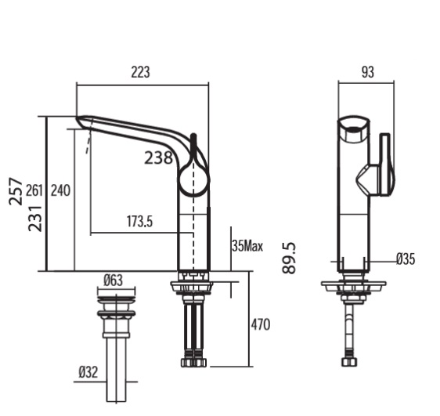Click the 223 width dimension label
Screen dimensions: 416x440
pyautogui.click(x=140, y=73)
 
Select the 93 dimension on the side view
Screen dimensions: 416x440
pyautogui.click(x=367, y=73)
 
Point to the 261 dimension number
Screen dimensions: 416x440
pyautogui.click(x=34, y=190)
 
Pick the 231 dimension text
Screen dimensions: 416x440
pyautogui.click(x=35, y=217)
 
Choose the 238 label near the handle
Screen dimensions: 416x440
pyautogui.click(x=158, y=157)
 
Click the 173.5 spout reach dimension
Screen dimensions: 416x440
pyautogui.click(x=139, y=222)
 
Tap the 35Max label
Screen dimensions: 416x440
pyautogui.click(x=247, y=246)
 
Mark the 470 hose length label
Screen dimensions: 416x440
pyautogui.click(x=261, y=322)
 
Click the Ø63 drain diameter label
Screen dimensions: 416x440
pyautogui.click(x=114, y=279)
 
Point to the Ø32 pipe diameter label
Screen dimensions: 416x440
pyautogui.click(x=88, y=372)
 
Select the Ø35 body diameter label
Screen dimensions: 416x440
pyautogui.click(x=406, y=259)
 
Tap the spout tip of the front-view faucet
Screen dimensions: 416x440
pyautogui.click(x=81, y=121)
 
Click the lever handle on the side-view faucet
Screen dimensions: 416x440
pyautogui.click(x=383, y=165)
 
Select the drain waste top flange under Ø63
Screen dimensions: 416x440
pyautogui.click(x=114, y=295)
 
